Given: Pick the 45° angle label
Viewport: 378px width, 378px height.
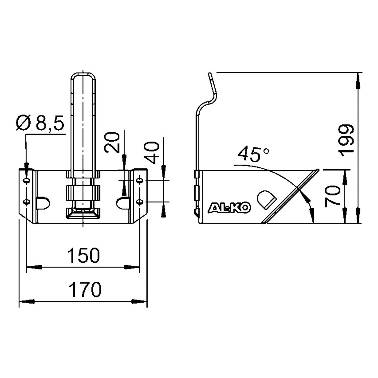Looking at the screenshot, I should (253, 154).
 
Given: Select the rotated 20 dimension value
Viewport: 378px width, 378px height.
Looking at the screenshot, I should (112, 142).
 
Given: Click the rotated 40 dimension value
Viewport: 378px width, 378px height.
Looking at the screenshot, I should (152, 153).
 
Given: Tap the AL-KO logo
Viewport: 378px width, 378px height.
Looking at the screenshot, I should (229, 208).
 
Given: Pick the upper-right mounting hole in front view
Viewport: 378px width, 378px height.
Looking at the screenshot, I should (140, 180).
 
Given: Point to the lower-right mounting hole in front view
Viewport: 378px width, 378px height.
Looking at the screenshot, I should (140, 201).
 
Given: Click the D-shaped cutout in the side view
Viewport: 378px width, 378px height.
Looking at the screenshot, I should (266, 200).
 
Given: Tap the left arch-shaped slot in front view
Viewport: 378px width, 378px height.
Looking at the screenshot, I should (43, 203).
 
